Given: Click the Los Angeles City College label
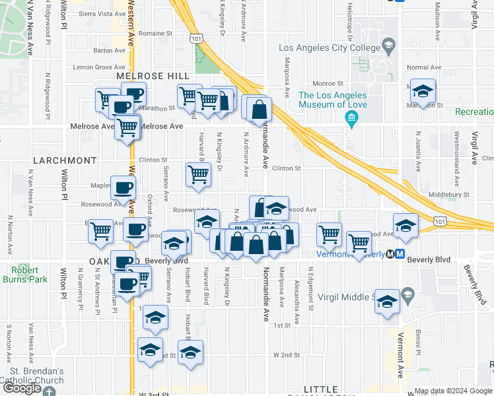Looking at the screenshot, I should click(x=326, y=48).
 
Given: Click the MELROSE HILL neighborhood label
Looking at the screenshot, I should click(x=144, y=77).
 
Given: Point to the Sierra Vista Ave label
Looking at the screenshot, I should click(x=102, y=13).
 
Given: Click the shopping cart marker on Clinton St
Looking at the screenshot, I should click(x=198, y=175).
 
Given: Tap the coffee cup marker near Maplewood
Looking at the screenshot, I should click(x=123, y=189).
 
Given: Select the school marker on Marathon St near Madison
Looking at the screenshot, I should click(x=423, y=91).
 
